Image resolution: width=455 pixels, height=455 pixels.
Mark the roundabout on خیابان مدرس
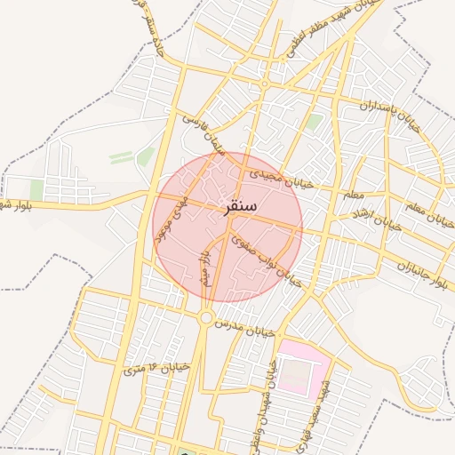coord(206,317)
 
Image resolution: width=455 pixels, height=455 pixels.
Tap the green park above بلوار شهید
coord(36,189)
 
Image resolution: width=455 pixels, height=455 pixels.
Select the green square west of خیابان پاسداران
coord(313,123)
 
